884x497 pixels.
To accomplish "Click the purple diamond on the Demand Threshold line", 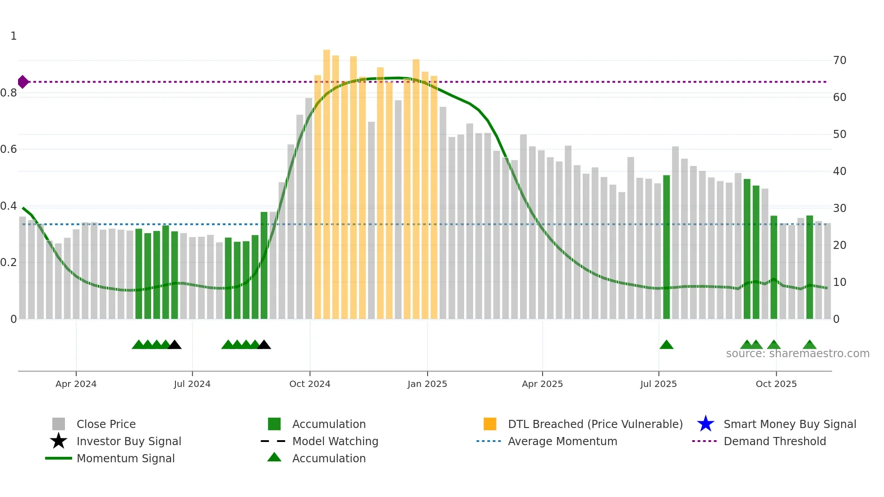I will coord(23,82).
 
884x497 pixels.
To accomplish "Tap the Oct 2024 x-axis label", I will coord(310,384).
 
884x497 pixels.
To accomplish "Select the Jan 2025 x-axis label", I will coord(427,384).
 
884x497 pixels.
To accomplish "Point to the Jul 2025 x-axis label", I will coord(658,384).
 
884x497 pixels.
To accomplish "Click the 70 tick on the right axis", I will coord(840,60).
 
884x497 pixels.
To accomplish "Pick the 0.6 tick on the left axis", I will coord(9,149).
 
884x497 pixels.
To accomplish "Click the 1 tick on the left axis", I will coord(14,36).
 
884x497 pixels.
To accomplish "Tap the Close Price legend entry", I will coord(106,424).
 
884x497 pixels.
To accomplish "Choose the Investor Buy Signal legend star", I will coord(59,441).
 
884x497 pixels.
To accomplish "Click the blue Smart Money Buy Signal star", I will coord(705,424).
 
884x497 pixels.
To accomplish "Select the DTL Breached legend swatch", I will coord(490,424).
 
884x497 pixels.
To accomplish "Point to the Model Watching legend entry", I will coord(335,442).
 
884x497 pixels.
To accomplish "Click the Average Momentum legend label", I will coord(562,442).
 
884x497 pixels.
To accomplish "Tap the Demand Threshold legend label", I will coord(774,442).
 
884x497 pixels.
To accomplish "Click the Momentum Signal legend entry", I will coord(125,459).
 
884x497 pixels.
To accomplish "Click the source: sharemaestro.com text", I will coord(797,354).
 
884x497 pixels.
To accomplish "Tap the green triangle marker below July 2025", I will coord(666,345).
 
